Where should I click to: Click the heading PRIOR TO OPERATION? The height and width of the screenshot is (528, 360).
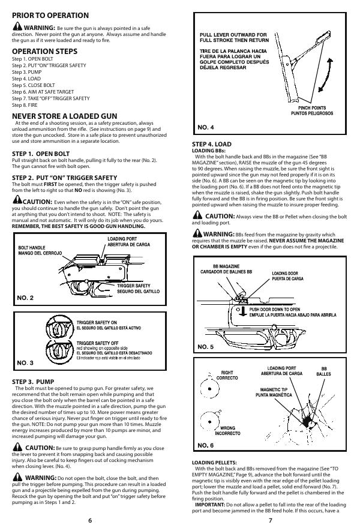pyautogui.click(x=50, y=15)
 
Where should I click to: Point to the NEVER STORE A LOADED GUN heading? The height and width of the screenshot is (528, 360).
pyautogui.click(x=65, y=116)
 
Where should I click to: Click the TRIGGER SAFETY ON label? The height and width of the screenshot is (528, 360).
pyautogui.click(x=97, y=323)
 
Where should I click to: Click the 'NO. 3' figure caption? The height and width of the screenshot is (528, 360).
pyautogui.click(x=26, y=362)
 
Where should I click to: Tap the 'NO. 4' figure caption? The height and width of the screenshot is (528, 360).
pyautogui.click(x=206, y=127)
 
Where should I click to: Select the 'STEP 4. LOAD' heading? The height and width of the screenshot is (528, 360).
pyautogui.click(x=211, y=145)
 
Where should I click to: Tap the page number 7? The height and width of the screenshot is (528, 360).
pyautogui.click(x=270, y=520)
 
